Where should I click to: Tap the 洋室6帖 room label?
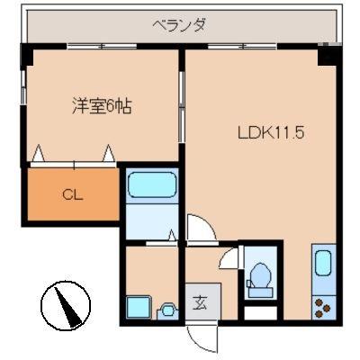coord(102,106)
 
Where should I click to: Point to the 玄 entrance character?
coord(201,301)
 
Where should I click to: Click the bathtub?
coord(152,185)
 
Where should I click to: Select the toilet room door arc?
coord(232,256)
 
